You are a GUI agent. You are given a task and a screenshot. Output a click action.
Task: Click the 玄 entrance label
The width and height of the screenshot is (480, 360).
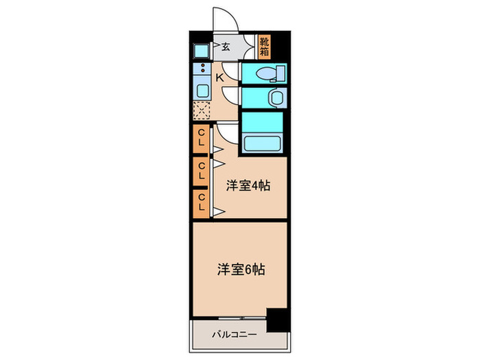point(225,47)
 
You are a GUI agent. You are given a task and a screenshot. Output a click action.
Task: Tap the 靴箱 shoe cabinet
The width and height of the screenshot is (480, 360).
point(265,46)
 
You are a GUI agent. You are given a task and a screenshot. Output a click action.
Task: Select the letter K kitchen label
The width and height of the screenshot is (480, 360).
point(220,77)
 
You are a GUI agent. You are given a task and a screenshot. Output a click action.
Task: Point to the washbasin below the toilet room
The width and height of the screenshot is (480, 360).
point(276,98)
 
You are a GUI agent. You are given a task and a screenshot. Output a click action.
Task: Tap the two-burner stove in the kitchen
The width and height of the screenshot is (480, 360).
point(202,69)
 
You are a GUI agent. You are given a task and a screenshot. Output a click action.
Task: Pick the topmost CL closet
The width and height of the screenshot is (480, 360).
point(202,141)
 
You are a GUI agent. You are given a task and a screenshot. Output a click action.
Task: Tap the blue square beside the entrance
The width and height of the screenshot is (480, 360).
point(202,49)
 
